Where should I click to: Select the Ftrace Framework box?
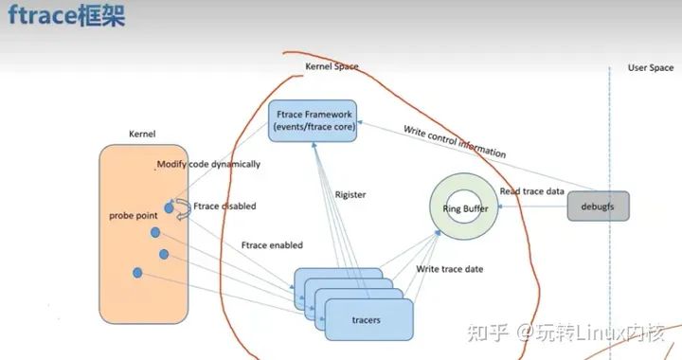coord(314,120)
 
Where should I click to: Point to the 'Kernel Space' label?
coord(332,67)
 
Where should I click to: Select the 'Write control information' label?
coord(455,141)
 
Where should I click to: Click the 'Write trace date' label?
coord(450,269)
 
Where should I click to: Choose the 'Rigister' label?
coord(350,195)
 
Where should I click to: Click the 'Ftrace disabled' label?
coord(224,206)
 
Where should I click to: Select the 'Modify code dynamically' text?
coord(208,164)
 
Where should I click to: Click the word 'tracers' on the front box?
coord(366,319)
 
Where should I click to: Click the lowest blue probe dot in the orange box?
coord(138,273)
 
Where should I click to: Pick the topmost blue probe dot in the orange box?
coord(169,206)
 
